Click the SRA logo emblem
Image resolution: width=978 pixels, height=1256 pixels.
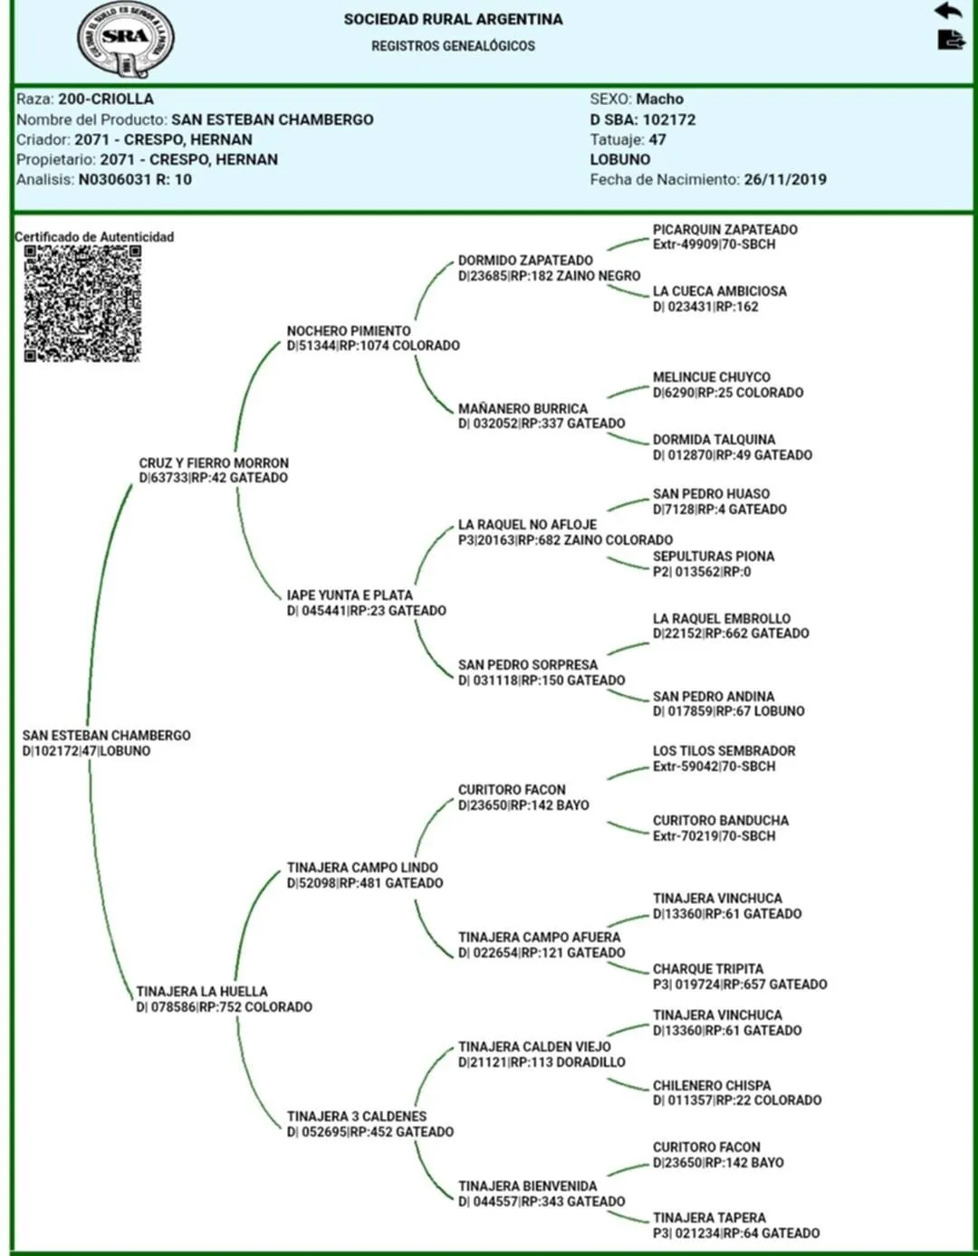pos(125,40)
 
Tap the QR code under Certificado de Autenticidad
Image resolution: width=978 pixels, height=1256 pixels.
pos(82,304)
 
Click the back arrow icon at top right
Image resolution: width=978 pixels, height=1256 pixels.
pos(947,11)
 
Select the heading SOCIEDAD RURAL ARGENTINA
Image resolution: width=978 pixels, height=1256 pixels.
pos(453,19)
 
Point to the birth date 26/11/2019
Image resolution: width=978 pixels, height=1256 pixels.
pos(785,179)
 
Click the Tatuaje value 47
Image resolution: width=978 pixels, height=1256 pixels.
pos(657,139)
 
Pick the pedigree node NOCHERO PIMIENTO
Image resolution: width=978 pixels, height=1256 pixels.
pos(349,331)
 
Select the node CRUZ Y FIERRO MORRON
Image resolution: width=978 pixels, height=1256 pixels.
pos(214,463)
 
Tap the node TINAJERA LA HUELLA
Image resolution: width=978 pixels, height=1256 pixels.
pos(202,992)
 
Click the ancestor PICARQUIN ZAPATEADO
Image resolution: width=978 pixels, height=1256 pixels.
pos(724,230)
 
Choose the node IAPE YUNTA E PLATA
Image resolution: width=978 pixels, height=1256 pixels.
pos(350,595)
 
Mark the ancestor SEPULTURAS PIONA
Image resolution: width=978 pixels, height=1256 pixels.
pos(714,557)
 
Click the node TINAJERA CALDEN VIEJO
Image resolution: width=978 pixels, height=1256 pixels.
pos(534,1047)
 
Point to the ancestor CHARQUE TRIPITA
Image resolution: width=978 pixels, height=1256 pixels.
pos(708,969)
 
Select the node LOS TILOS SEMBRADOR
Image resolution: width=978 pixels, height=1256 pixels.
pos(724,751)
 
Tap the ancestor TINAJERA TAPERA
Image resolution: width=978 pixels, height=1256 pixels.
pos(709,1218)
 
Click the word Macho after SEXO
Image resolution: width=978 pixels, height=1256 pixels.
pos(659,99)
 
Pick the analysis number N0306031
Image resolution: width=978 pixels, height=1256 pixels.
pos(114,179)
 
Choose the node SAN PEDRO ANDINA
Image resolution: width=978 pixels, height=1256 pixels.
pos(714,697)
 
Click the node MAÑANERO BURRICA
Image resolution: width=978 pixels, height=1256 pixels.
pos(523,409)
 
